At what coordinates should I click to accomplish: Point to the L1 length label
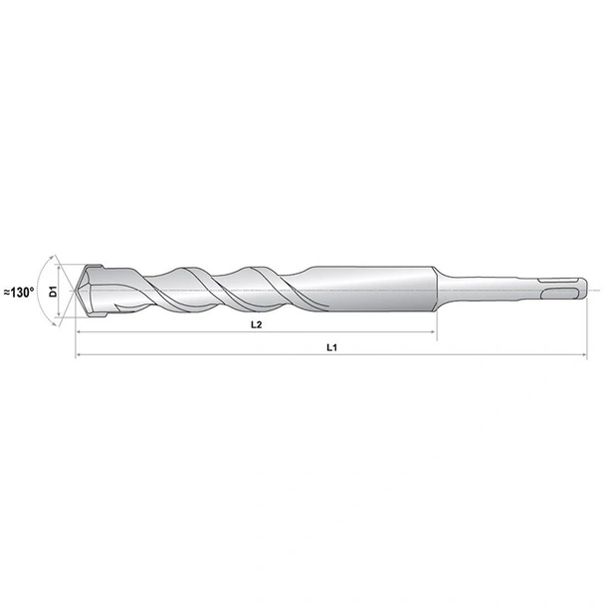[x=330, y=347]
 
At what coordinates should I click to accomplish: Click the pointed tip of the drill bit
[x=77, y=291]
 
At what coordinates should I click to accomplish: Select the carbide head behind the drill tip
[x=100, y=290]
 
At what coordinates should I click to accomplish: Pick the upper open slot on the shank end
[x=559, y=278]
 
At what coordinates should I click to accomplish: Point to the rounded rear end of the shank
[x=583, y=289]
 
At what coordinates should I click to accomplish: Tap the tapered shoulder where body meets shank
[x=439, y=289]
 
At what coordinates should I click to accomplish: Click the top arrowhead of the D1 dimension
[x=66, y=265]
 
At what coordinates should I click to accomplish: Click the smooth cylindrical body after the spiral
[x=368, y=289]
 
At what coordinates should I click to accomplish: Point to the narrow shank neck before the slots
[x=488, y=289]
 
